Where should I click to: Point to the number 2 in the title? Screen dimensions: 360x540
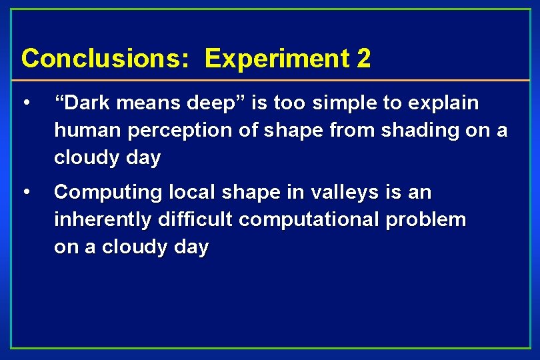(364, 59)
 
